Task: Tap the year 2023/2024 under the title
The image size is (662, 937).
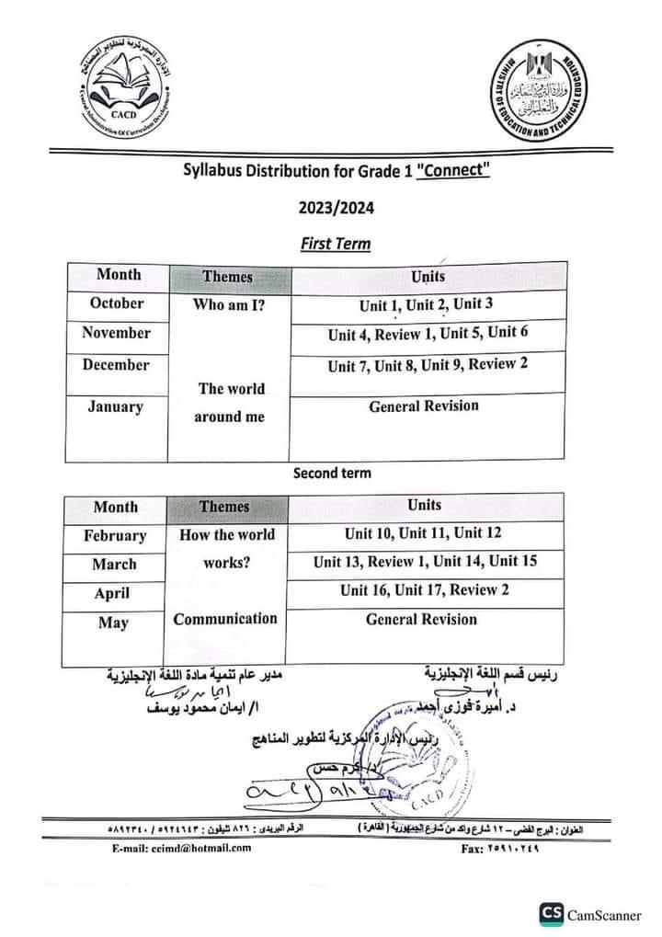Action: (x=335, y=208)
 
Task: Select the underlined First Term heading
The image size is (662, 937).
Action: (x=335, y=244)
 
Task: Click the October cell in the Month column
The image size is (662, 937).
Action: (x=117, y=303)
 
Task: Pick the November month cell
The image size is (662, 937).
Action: (x=116, y=333)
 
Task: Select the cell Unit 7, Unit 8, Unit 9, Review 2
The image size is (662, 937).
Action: (x=428, y=365)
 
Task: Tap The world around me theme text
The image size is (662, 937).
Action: (x=231, y=402)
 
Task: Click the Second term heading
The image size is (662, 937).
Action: (x=332, y=473)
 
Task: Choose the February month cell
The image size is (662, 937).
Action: (x=115, y=535)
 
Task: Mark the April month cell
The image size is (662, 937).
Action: (x=112, y=593)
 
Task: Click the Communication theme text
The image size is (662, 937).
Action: (x=225, y=618)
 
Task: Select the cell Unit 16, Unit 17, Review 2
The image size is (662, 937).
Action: (x=424, y=590)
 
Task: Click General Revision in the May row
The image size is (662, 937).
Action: (x=421, y=619)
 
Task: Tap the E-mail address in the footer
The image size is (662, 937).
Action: (x=178, y=848)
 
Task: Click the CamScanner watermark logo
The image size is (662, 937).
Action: (x=553, y=913)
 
